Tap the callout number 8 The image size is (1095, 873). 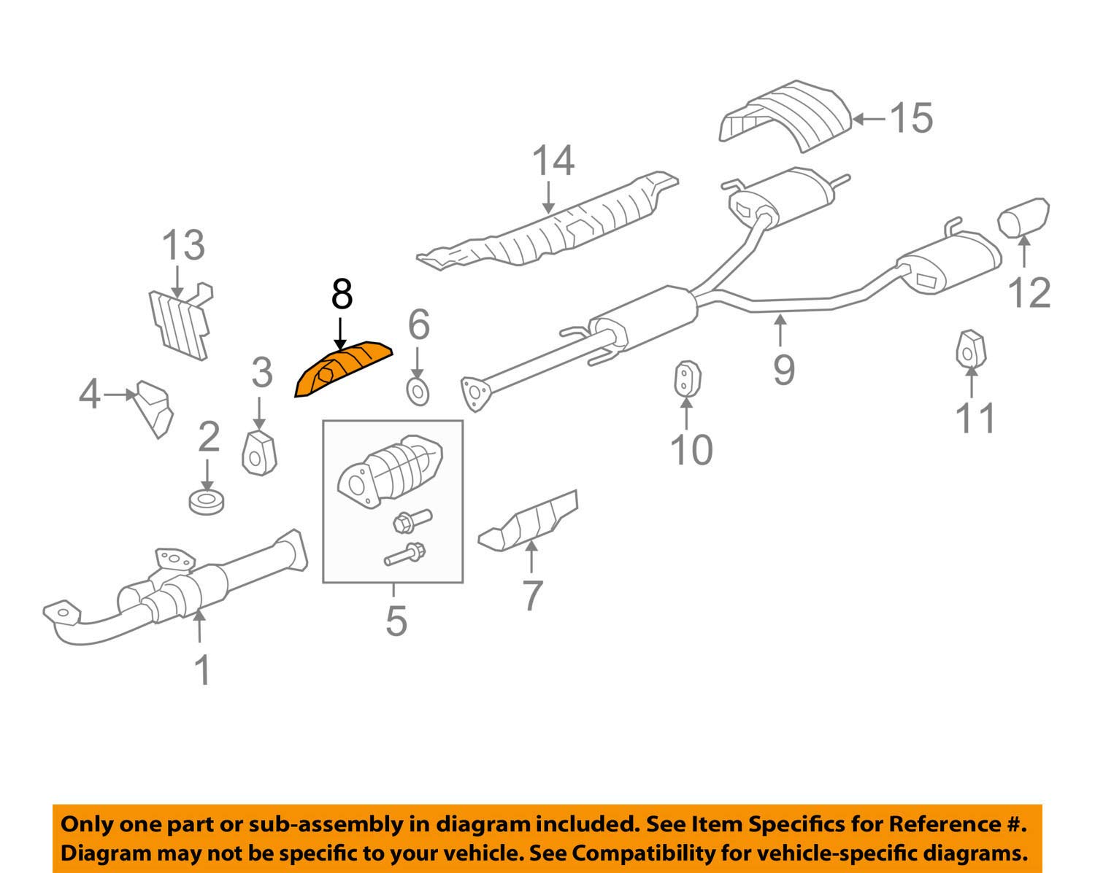[342, 295]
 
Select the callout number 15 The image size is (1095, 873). [911, 117]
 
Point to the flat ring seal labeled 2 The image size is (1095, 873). [207, 502]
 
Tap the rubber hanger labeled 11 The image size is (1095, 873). [969, 350]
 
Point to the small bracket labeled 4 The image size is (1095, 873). [155, 407]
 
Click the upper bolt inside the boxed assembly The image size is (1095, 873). [411, 520]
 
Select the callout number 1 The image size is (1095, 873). [202, 670]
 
